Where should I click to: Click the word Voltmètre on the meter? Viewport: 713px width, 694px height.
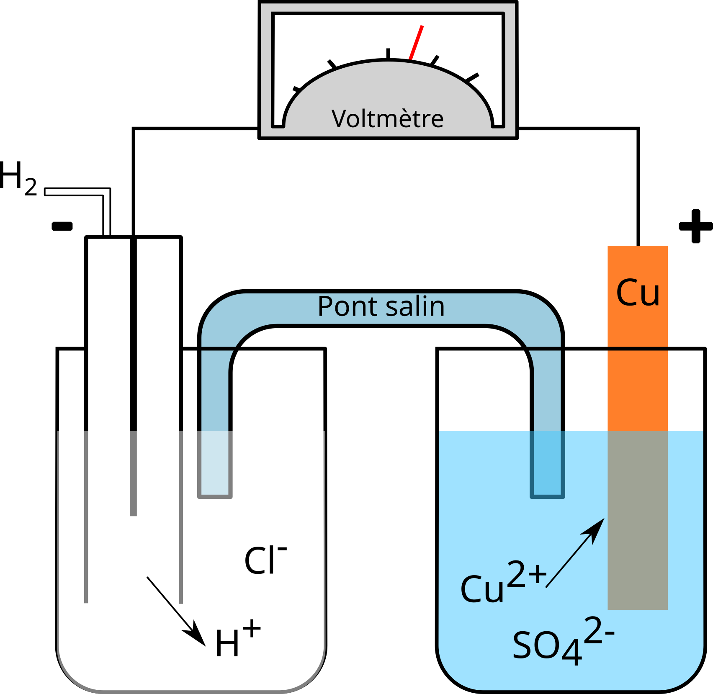pyautogui.click(x=387, y=118)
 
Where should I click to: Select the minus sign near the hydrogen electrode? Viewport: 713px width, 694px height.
pyautogui.click(x=62, y=226)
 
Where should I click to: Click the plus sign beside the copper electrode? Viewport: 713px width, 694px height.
pyautogui.click(x=695, y=226)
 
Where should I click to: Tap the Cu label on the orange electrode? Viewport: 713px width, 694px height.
pyautogui.click(x=638, y=293)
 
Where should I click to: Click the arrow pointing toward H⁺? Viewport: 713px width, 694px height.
pyautogui.click(x=176, y=611)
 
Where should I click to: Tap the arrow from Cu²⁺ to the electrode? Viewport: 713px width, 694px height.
pyautogui.click(x=576, y=553)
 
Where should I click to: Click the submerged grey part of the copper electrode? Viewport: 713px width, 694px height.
pyautogui.click(x=638, y=519)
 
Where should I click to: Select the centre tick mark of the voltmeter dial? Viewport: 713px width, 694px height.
pyautogui.click(x=388, y=54)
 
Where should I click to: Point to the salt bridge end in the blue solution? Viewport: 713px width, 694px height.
pyautogui.click(x=547, y=465)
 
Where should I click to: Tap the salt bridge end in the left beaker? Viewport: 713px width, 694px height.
pyautogui.click(x=215, y=465)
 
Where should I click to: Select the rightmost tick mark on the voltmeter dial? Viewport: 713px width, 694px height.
pyautogui.click(x=472, y=78)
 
